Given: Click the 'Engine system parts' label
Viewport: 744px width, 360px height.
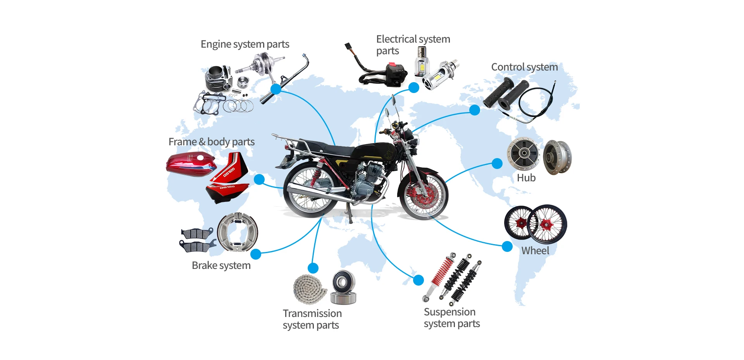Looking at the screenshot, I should (x=245, y=45).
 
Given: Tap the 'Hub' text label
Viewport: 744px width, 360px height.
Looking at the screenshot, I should (x=526, y=178).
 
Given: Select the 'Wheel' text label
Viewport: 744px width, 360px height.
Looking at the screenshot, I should (x=535, y=251).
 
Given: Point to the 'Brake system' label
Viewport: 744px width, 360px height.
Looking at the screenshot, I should (x=221, y=265).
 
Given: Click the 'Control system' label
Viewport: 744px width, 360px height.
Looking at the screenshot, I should (x=524, y=67).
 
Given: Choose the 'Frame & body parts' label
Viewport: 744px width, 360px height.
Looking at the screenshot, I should (x=211, y=142).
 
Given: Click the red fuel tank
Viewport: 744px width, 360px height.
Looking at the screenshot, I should (x=191, y=164).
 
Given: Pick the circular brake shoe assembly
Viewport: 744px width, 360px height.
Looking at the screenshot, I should (x=238, y=232).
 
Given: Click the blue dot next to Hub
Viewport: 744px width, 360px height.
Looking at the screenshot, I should (x=497, y=164).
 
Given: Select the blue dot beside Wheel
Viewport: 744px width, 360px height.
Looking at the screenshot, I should (x=507, y=246).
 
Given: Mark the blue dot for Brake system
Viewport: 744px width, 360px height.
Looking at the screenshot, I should (x=256, y=254).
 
